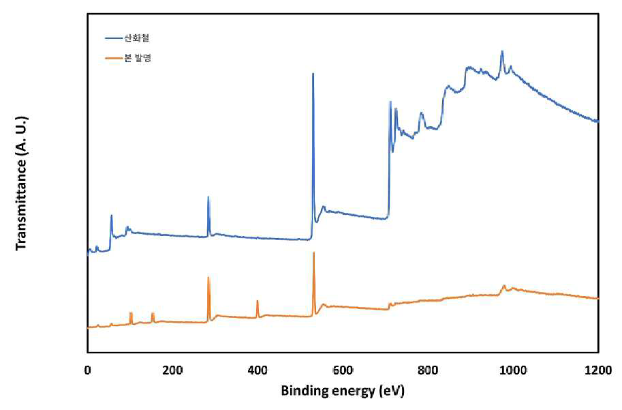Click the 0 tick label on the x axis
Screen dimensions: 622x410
[x=88, y=370]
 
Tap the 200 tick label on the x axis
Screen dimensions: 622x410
[x=172, y=370]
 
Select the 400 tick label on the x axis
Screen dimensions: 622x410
[x=258, y=370]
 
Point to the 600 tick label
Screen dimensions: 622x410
[x=343, y=370]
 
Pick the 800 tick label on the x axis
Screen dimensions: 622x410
[x=428, y=370]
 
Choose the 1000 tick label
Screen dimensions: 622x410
[x=513, y=370]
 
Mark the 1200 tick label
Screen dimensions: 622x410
[x=598, y=370]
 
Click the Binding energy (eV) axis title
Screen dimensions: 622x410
[x=343, y=390]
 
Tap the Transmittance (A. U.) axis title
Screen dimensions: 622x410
[x=21, y=183]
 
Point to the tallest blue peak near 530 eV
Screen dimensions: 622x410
[x=313, y=74]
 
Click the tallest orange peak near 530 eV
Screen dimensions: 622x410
[x=314, y=252]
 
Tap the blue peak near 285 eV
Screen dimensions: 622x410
[x=208, y=197]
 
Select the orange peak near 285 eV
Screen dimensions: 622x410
[x=208, y=277]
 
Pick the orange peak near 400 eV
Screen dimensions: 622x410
[x=258, y=301]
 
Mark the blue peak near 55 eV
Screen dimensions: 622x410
[x=112, y=216]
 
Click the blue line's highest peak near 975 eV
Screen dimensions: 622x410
[x=502, y=51]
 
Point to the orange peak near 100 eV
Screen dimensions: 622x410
[x=131, y=313]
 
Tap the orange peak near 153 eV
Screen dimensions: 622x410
[x=153, y=314]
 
